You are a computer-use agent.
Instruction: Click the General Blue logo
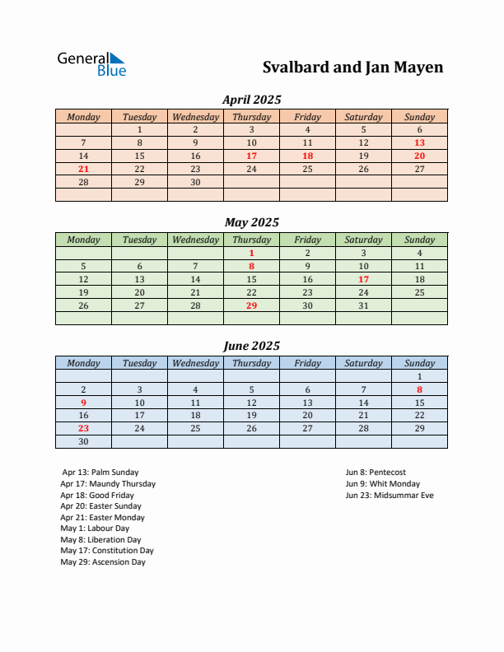point(91,64)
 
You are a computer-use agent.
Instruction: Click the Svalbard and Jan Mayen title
point(352,68)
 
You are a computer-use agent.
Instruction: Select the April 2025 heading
point(251,100)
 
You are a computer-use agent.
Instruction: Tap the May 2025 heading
point(251,222)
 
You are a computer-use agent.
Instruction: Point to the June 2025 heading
point(251,346)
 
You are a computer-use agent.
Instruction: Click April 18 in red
point(307,156)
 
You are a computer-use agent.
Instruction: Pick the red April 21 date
point(83,169)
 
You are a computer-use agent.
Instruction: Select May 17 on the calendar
point(363,279)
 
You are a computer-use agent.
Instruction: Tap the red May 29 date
point(251,305)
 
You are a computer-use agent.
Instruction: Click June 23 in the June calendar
point(83,428)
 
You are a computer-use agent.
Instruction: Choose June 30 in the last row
point(83,441)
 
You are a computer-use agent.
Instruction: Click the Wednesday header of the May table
point(195,240)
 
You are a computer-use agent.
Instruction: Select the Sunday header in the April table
point(419,117)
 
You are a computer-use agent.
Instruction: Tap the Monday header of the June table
point(83,363)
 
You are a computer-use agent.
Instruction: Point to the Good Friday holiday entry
point(97,496)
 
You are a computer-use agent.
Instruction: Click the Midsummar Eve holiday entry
point(390,496)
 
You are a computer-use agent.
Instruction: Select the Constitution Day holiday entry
point(107,551)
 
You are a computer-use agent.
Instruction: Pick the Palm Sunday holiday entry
point(97,473)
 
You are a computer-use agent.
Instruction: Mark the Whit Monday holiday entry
point(383,484)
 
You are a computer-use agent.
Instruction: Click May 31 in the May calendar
point(363,305)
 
